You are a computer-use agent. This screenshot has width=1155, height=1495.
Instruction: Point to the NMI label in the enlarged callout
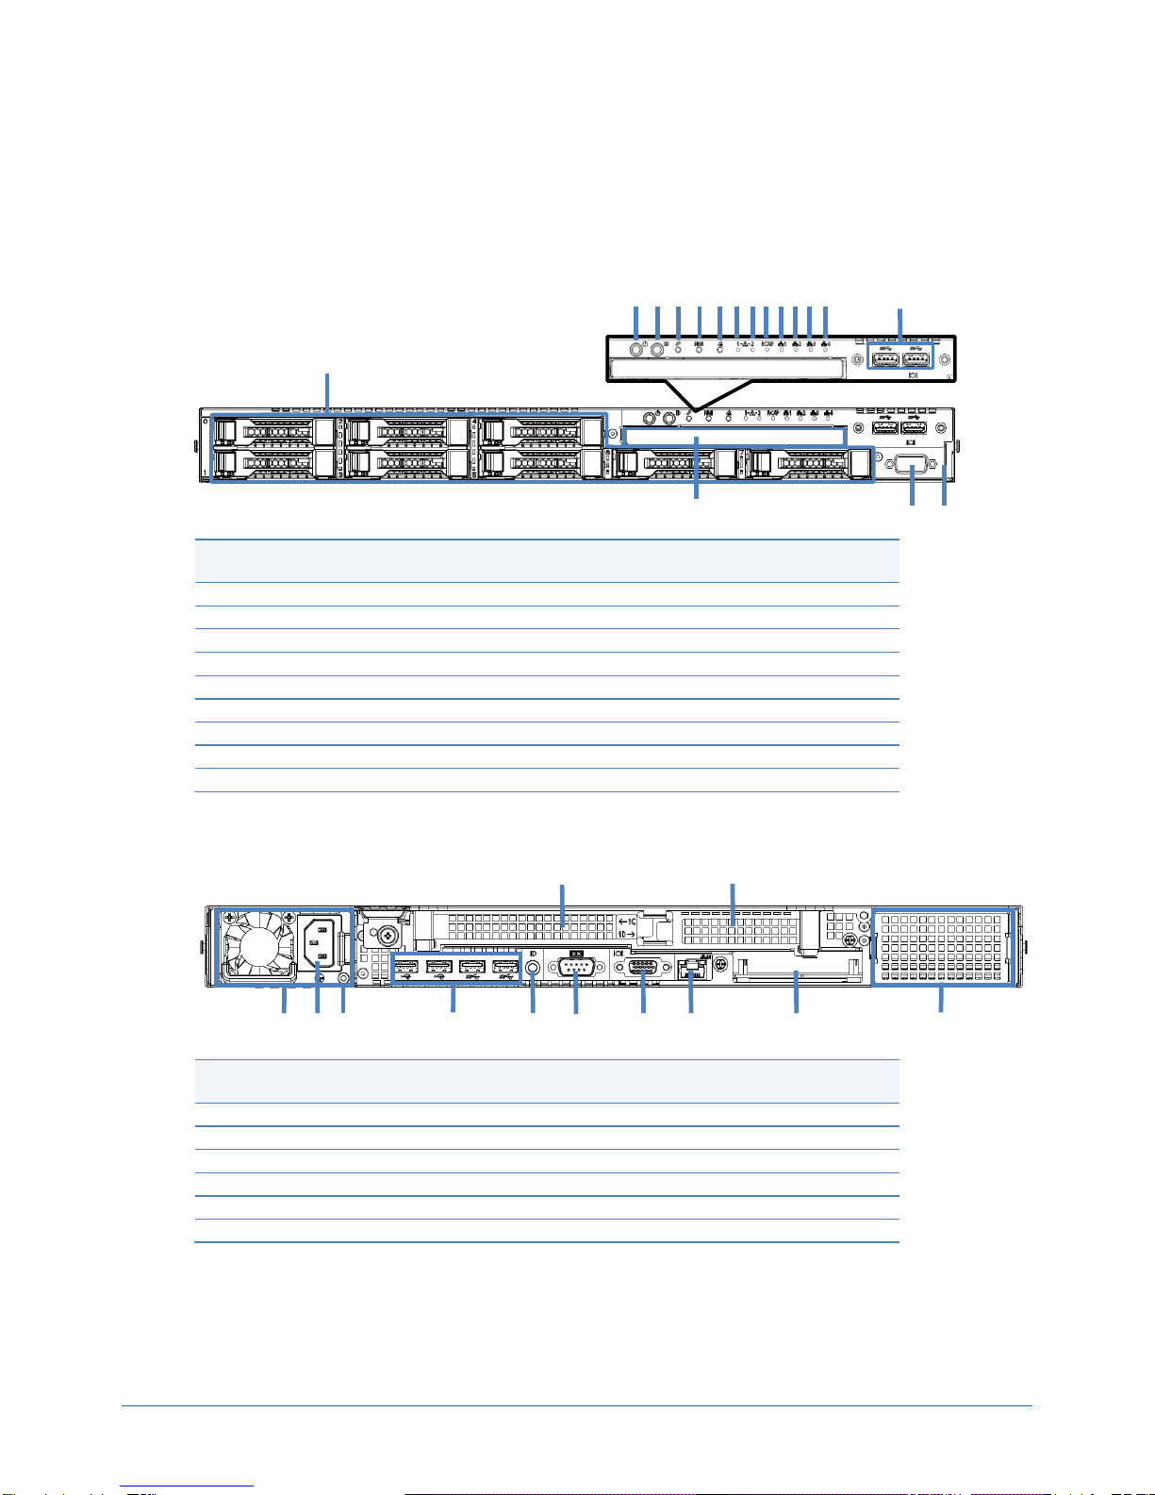tap(700, 344)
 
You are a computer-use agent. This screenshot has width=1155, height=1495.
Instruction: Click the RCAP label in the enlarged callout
tap(767, 344)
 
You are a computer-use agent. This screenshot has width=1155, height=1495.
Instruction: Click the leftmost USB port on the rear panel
tap(407, 967)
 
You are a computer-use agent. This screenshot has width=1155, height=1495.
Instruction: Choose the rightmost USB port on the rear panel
tap(505, 967)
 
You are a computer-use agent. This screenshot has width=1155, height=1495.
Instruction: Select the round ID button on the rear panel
tap(533, 967)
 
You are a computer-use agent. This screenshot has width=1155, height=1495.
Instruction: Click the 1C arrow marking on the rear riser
tap(627, 921)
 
